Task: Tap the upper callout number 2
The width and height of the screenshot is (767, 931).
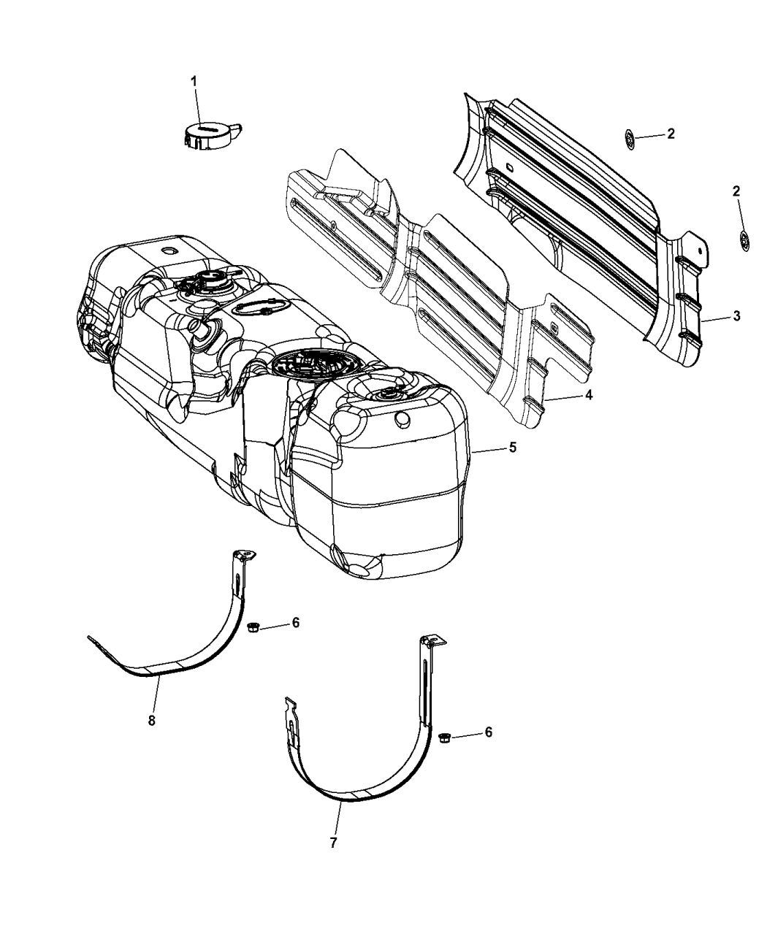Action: point(670,134)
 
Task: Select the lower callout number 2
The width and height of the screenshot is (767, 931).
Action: point(736,191)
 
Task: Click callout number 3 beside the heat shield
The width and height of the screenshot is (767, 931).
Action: point(736,316)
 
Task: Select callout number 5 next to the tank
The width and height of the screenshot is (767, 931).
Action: point(513,447)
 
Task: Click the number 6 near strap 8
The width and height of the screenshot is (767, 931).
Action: point(295,622)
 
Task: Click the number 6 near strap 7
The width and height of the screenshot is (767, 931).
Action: point(488,732)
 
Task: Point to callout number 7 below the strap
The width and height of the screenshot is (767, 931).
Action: point(333,843)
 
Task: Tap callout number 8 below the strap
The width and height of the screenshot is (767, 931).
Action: point(152,720)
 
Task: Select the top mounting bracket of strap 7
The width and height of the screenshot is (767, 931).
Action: point(432,642)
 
